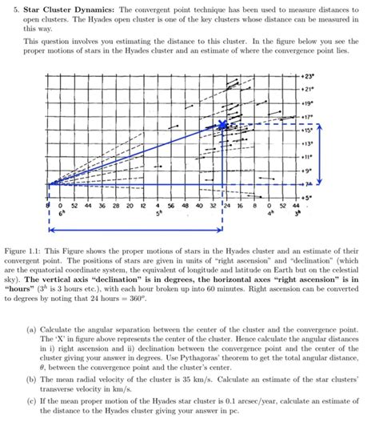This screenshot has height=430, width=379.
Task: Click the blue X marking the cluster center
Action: point(222,124)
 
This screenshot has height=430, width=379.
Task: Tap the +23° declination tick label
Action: point(309,74)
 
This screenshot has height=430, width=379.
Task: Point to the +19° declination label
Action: point(309,103)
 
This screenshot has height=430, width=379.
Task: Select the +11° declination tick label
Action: point(309,158)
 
